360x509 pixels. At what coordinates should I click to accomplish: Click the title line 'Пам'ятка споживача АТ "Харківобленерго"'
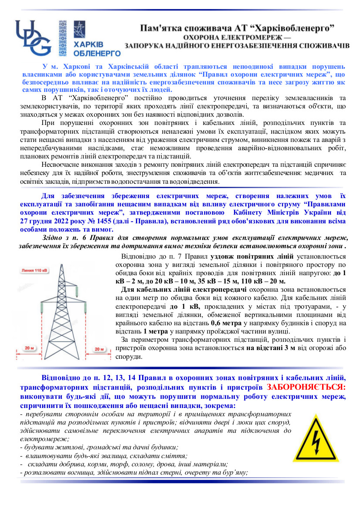coord(237,28)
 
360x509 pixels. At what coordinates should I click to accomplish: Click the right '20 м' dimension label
coord(100,337)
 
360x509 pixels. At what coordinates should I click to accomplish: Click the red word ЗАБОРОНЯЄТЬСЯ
coord(306,387)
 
